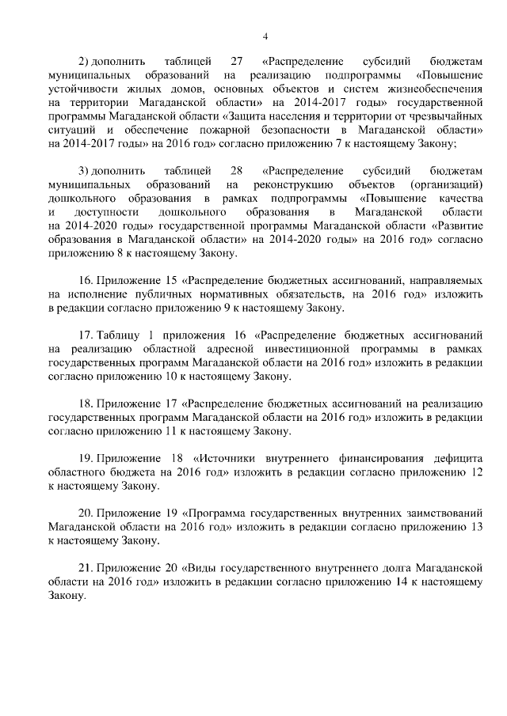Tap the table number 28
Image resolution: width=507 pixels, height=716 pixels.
click(236, 171)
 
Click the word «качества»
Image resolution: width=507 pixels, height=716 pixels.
click(460, 199)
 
